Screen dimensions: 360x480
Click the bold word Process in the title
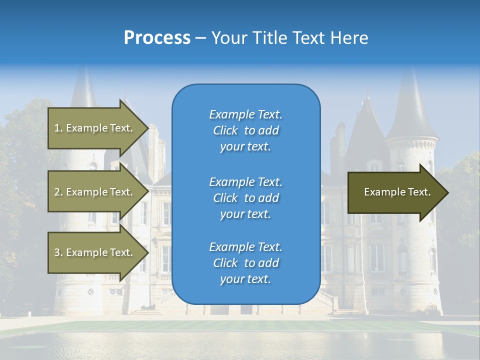pyautogui.click(x=157, y=38)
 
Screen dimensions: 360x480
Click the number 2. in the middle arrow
pyautogui.click(x=58, y=192)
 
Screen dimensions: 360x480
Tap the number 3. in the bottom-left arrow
pyautogui.click(x=58, y=252)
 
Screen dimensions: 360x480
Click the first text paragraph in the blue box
pyautogui.click(x=245, y=130)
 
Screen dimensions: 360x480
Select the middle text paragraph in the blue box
pyautogui.click(x=245, y=198)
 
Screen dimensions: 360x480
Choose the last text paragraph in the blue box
pyautogui.click(x=245, y=263)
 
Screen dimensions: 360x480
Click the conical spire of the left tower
pyautogui.click(x=84, y=90)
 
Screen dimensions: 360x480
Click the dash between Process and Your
pyautogui.click(x=200, y=38)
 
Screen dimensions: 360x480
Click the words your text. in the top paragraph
pyautogui.click(x=245, y=147)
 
